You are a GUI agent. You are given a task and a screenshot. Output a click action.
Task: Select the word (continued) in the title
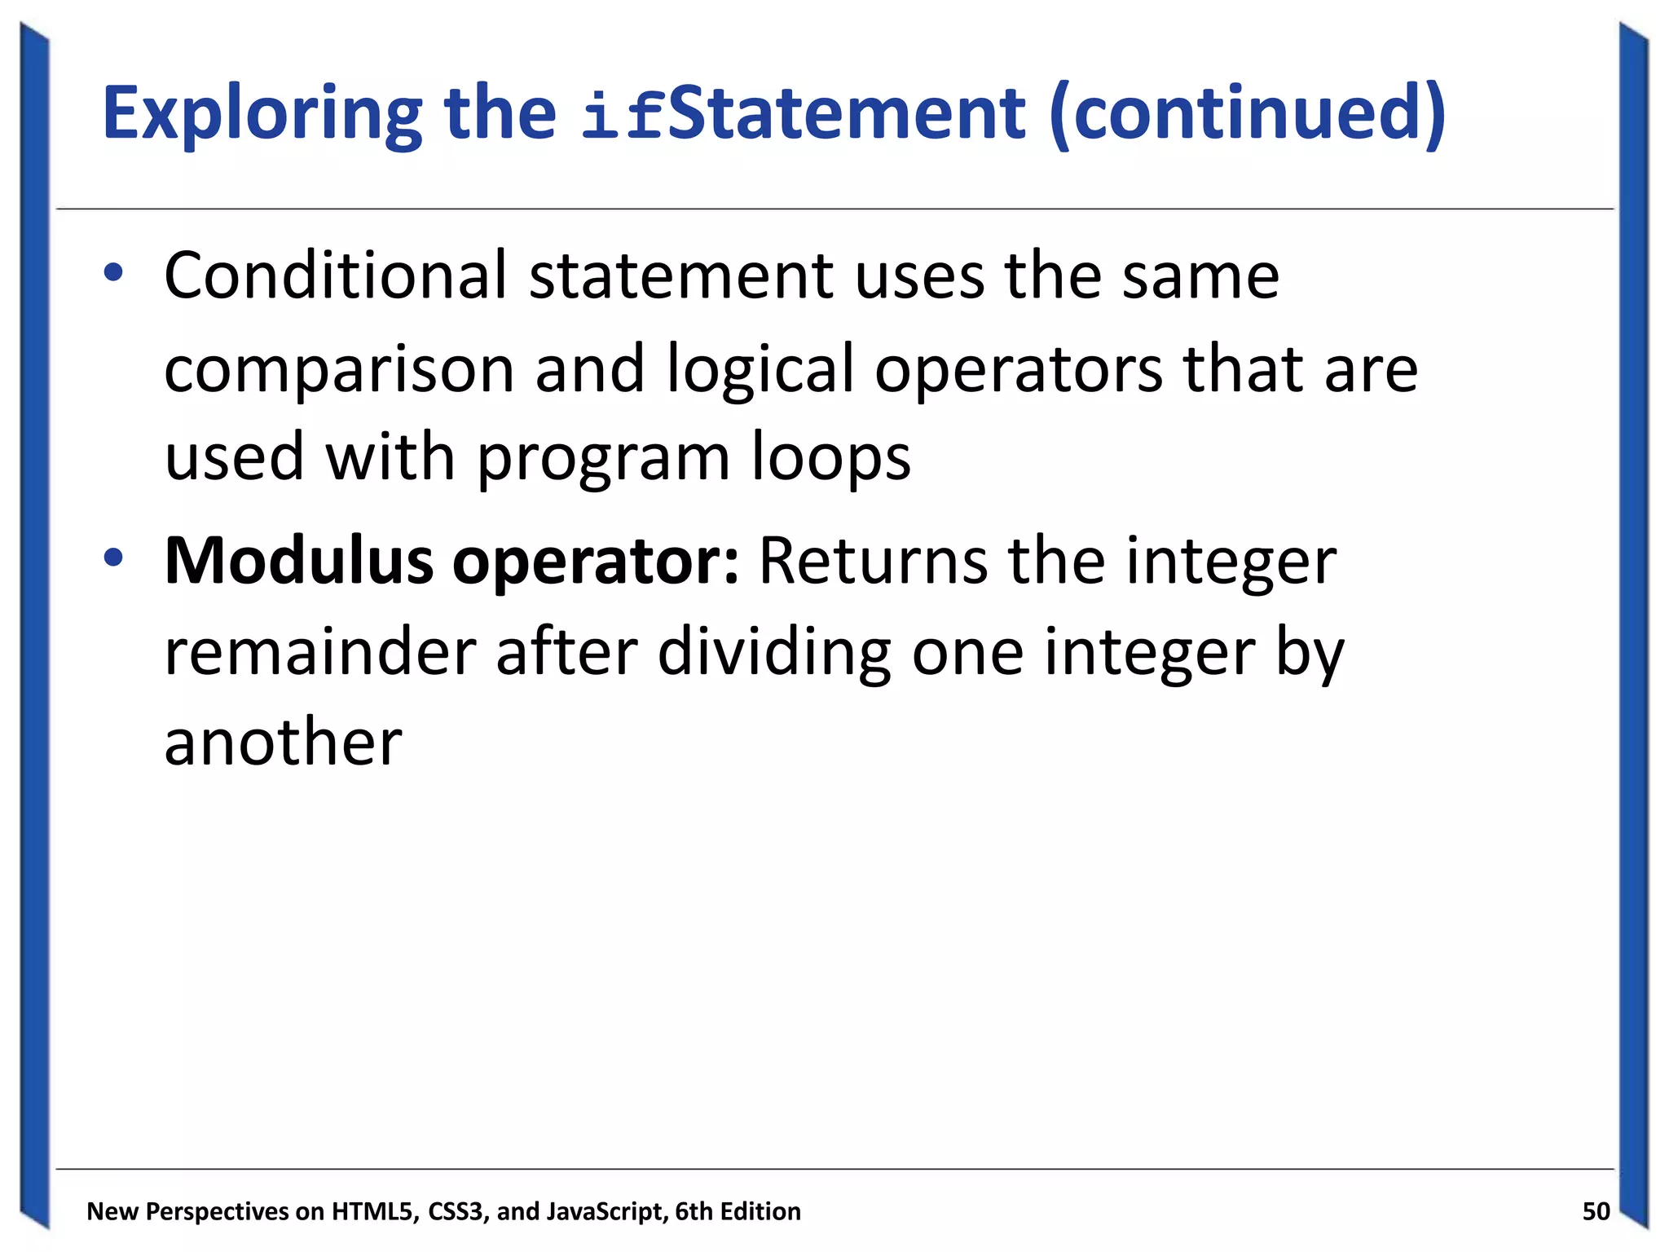point(1247,114)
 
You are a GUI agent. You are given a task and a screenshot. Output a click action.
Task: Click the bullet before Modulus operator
point(113,558)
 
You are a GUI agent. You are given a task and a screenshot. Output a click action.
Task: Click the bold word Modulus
point(298,561)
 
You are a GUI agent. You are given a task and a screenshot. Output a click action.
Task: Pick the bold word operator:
point(596,562)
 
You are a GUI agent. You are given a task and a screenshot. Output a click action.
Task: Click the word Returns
point(873,561)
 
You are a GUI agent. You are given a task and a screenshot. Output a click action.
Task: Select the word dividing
point(773,652)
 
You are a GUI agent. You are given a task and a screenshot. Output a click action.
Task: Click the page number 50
point(1596,1211)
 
